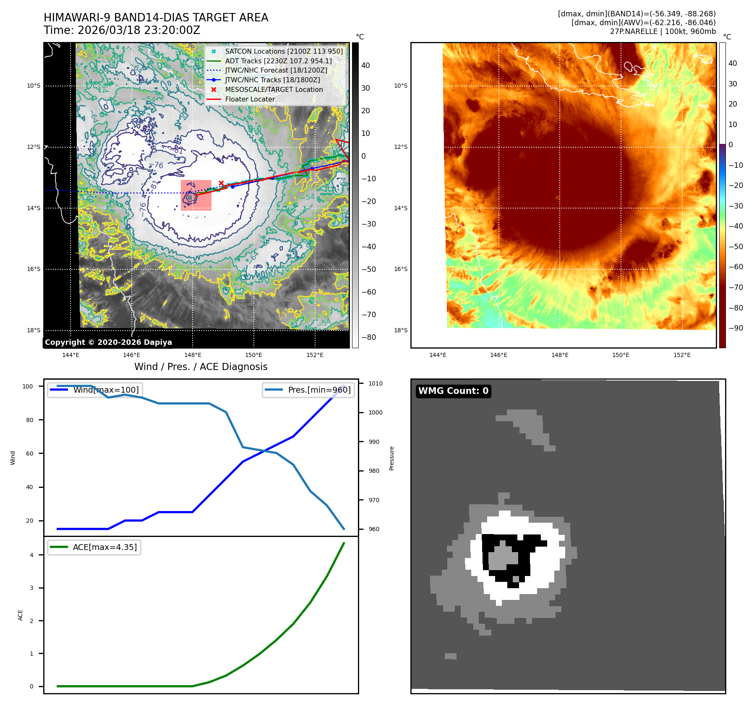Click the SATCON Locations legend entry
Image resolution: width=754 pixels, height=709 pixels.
[x=284, y=51]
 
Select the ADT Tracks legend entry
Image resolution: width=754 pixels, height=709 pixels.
[x=278, y=61]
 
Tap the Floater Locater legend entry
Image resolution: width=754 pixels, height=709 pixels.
[x=250, y=99]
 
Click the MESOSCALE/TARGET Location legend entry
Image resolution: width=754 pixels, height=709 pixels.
[x=274, y=89]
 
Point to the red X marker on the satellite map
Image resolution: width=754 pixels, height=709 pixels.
[x=221, y=183]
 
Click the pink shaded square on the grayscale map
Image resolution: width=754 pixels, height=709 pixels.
[x=196, y=195]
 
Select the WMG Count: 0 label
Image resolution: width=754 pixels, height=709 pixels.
[x=453, y=391]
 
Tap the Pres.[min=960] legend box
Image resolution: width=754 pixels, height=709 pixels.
[x=308, y=390]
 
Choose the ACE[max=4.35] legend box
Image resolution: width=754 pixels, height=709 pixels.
[x=94, y=547]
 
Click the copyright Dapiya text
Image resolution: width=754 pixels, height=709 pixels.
[x=108, y=342]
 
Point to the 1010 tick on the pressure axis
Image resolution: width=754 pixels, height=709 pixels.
[x=376, y=383]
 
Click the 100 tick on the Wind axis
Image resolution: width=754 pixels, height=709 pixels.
[x=28, y=386]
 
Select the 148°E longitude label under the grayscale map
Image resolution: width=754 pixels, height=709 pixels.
[x=193, y=355]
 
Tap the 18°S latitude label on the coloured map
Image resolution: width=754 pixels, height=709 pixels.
[x=401, y=330]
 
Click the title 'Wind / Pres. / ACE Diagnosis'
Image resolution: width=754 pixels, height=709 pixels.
[x=201, y=367]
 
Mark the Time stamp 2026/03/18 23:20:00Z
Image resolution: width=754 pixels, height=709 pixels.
[x=122, y=31]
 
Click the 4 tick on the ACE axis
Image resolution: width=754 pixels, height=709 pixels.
[x=31, y=555]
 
